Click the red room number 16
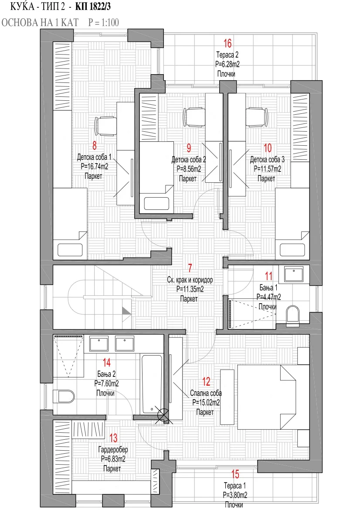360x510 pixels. [x=228, y=43]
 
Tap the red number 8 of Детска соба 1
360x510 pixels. [x=95, y=145]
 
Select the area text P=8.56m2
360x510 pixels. [x=189, y=169]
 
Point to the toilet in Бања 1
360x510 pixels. [x=292, y=315]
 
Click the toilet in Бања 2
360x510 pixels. [x=64, y=396]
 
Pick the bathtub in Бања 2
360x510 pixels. [x=152, y=384]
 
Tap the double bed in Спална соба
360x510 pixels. [x=273, y=397]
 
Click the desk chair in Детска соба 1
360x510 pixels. [x=106, y=126]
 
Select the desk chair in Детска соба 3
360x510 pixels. [x=257, y=117]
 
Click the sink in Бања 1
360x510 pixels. [x=294, y=274]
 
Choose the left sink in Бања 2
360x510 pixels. [x=98, y=344]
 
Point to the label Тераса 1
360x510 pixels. [x=234, y=486]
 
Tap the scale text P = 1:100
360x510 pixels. [x=104, y=22]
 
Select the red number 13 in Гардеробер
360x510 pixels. [x=113, y=438]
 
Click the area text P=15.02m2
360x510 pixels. [x=206, y=403]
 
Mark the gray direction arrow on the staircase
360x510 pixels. [x=127, y=311]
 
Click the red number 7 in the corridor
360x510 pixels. [x=190, y=268]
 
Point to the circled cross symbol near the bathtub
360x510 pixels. [x=162, y=414]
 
